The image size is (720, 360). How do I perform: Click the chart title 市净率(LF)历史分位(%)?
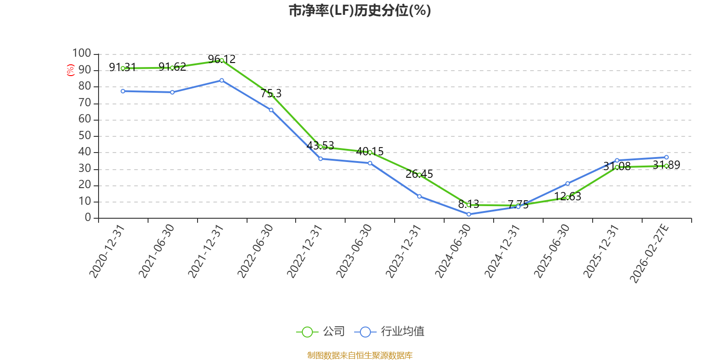click(x=360, y=11)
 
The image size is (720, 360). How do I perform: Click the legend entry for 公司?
click(x=320, y=331)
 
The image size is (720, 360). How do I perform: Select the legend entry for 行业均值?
click(x=389, y=331)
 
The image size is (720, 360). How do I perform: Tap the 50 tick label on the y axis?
click(x=85, y=135)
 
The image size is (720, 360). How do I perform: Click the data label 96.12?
click(x=222, y=59)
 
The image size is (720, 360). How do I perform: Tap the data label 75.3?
click(x=271, y=94)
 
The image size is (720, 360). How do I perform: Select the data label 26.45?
click(x=419, y=174)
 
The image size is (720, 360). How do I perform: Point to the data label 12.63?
click(x=567, y=196)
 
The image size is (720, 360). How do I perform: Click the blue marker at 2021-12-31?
click(x=222, y=81)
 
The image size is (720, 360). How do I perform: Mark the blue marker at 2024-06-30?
click(x=468, y=214)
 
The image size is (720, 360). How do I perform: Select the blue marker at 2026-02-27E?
click(x=666, y=157)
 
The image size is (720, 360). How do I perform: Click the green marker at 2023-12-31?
click(x=419, y=175)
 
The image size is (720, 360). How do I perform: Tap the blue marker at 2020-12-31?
click(x=123, y=91)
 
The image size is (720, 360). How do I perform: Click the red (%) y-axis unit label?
click(x=70, y=70)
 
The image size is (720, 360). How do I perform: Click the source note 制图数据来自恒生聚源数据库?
click(x=360, y=355)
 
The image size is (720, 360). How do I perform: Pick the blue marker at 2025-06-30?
click(x=567, y=184)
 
